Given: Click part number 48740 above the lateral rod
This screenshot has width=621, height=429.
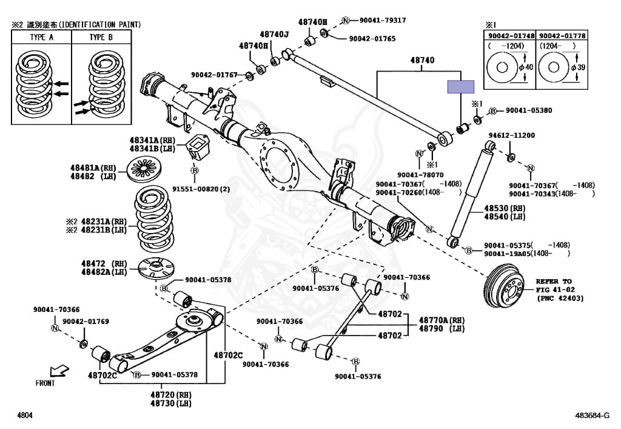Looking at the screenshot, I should coord(422,61).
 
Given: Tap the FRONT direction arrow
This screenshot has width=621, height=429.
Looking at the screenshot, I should coord(59,371).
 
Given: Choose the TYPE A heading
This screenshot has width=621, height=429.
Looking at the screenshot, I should coord(41,37).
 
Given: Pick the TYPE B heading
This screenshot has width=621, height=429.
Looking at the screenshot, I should coord(101,37).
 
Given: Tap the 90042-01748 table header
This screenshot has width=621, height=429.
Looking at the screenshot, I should coord(511,36).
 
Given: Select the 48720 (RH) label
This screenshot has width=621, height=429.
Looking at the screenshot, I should coord(167,394).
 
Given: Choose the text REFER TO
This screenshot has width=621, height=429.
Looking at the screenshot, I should coord(553,282).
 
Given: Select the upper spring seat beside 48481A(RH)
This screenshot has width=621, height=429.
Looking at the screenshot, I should coord(145,170).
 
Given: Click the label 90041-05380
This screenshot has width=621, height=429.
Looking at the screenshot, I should coord(529,110).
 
